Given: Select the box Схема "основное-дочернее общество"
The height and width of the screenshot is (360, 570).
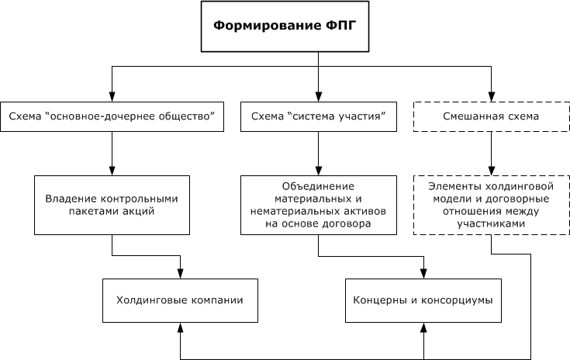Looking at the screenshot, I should coord(112,117).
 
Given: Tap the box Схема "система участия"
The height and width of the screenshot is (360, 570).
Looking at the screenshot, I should coord(319,117).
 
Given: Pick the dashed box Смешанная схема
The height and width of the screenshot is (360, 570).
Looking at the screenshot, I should coord(490,117).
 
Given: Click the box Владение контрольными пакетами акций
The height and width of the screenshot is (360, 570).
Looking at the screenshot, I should coord(112,204).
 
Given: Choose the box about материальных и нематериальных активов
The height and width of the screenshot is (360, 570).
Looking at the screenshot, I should coord(319,204).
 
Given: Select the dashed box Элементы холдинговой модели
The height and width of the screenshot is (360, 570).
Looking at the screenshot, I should coord(490,204).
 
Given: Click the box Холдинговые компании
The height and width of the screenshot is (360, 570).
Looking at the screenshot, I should coord(180,299).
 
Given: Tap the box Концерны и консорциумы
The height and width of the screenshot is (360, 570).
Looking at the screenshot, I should coord(423,299).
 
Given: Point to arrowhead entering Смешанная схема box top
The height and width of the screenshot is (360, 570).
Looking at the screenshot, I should coord(490,96).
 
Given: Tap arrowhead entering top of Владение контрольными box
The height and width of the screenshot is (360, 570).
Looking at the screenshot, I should coord(112,171).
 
